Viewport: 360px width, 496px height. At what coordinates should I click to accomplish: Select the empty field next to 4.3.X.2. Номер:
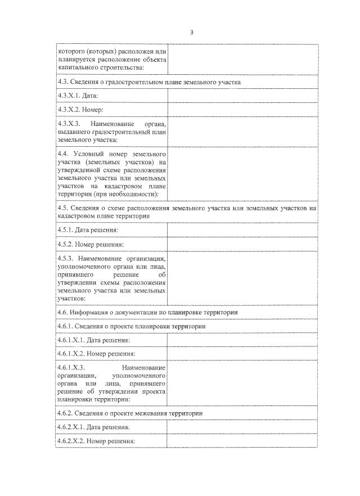[242, 110]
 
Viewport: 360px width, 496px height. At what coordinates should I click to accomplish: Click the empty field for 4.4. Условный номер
[242, 174]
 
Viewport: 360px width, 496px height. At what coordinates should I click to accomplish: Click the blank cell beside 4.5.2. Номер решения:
[242, 245]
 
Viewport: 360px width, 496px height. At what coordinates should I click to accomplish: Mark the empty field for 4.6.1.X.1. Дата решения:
[242, 340]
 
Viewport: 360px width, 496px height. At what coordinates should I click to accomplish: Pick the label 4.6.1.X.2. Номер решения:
[96, 354]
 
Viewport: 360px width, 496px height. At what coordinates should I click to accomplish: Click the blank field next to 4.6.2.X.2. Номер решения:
[242, 441]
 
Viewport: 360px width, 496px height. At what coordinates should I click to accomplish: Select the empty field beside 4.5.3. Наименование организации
[242, 278]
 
